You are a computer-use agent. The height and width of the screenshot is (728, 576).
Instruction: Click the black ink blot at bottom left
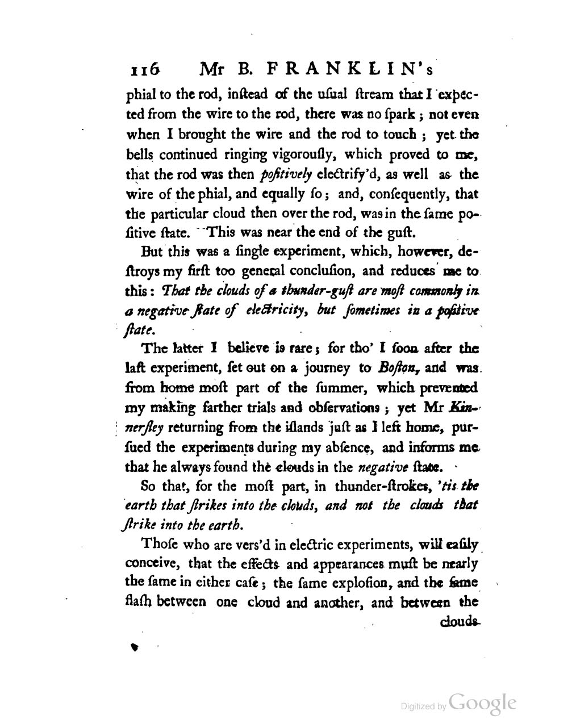click(x=135, y=646)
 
